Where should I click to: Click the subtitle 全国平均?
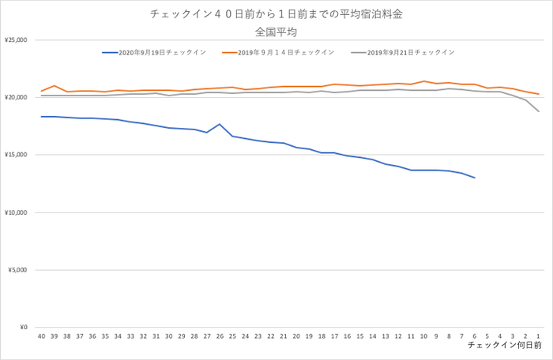coord(276,32)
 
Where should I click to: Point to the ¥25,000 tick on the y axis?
coord(16,39)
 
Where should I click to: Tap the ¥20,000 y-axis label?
coord(16,97)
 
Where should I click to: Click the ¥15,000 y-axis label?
coord(16,155)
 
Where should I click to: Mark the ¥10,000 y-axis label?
coord(16,212)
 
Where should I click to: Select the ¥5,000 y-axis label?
coord(17,270)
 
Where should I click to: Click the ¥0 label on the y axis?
coord(22,328)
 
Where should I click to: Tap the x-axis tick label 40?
coord(41,336)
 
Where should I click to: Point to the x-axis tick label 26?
coord(220,336)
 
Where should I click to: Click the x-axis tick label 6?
coord(474,336)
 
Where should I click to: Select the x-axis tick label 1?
coord(538,336)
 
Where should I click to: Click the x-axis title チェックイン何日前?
coord(504,346)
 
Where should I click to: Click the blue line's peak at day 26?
coord(220,124)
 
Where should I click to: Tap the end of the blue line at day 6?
coord(474,178)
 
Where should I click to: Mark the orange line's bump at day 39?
coord(54,85)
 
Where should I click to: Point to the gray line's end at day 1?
coord(538,111)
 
